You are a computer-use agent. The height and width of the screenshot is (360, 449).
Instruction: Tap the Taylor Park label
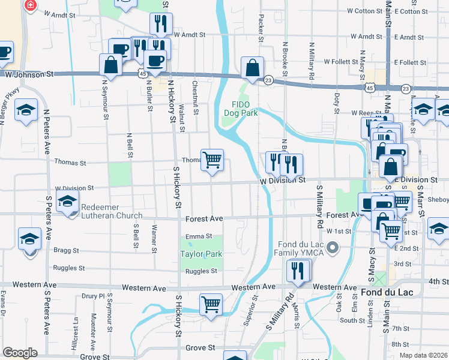click(x=201, y=254)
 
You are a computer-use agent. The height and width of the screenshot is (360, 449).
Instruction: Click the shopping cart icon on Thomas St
click(x=212, y=160)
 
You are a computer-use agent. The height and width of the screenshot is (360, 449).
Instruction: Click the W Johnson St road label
click(x=29, y=74)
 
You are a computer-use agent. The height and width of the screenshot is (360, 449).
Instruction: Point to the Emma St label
click(x=199, y=236)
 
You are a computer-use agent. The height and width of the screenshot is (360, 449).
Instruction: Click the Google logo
click(x=20, y=353)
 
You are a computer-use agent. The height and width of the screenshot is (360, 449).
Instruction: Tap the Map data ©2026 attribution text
click(x=423, y=355)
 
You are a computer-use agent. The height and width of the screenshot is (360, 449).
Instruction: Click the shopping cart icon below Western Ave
click(x=211, y=304)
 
